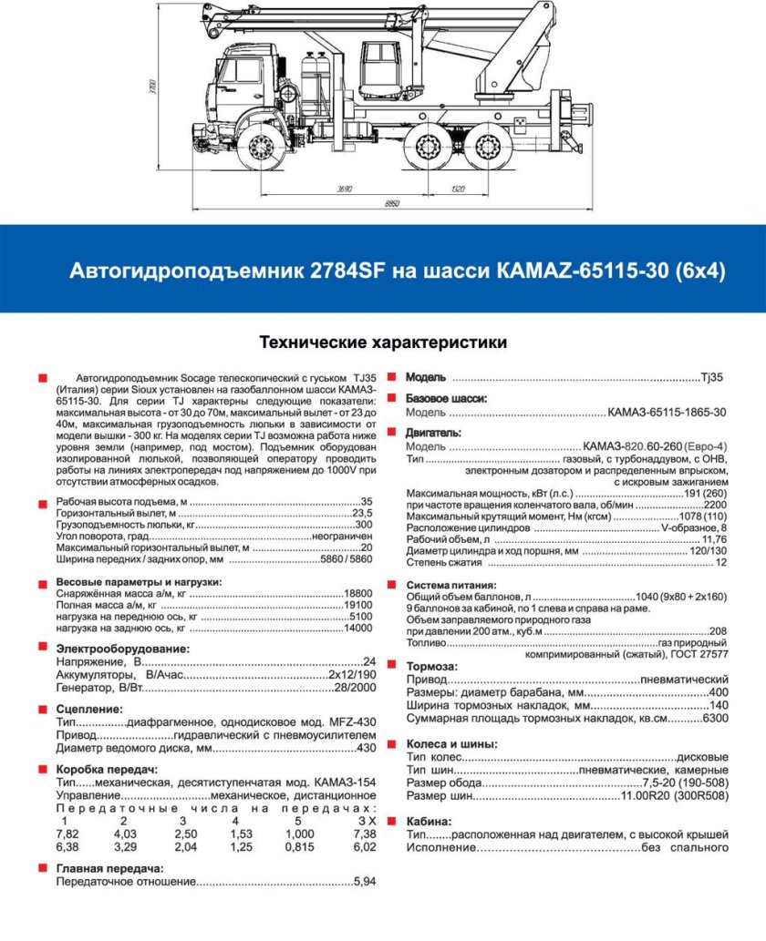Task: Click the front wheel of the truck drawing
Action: (264, 148)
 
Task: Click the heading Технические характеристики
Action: (383, 343)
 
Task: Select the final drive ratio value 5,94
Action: (364, 882)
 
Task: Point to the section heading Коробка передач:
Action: (102, 769)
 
